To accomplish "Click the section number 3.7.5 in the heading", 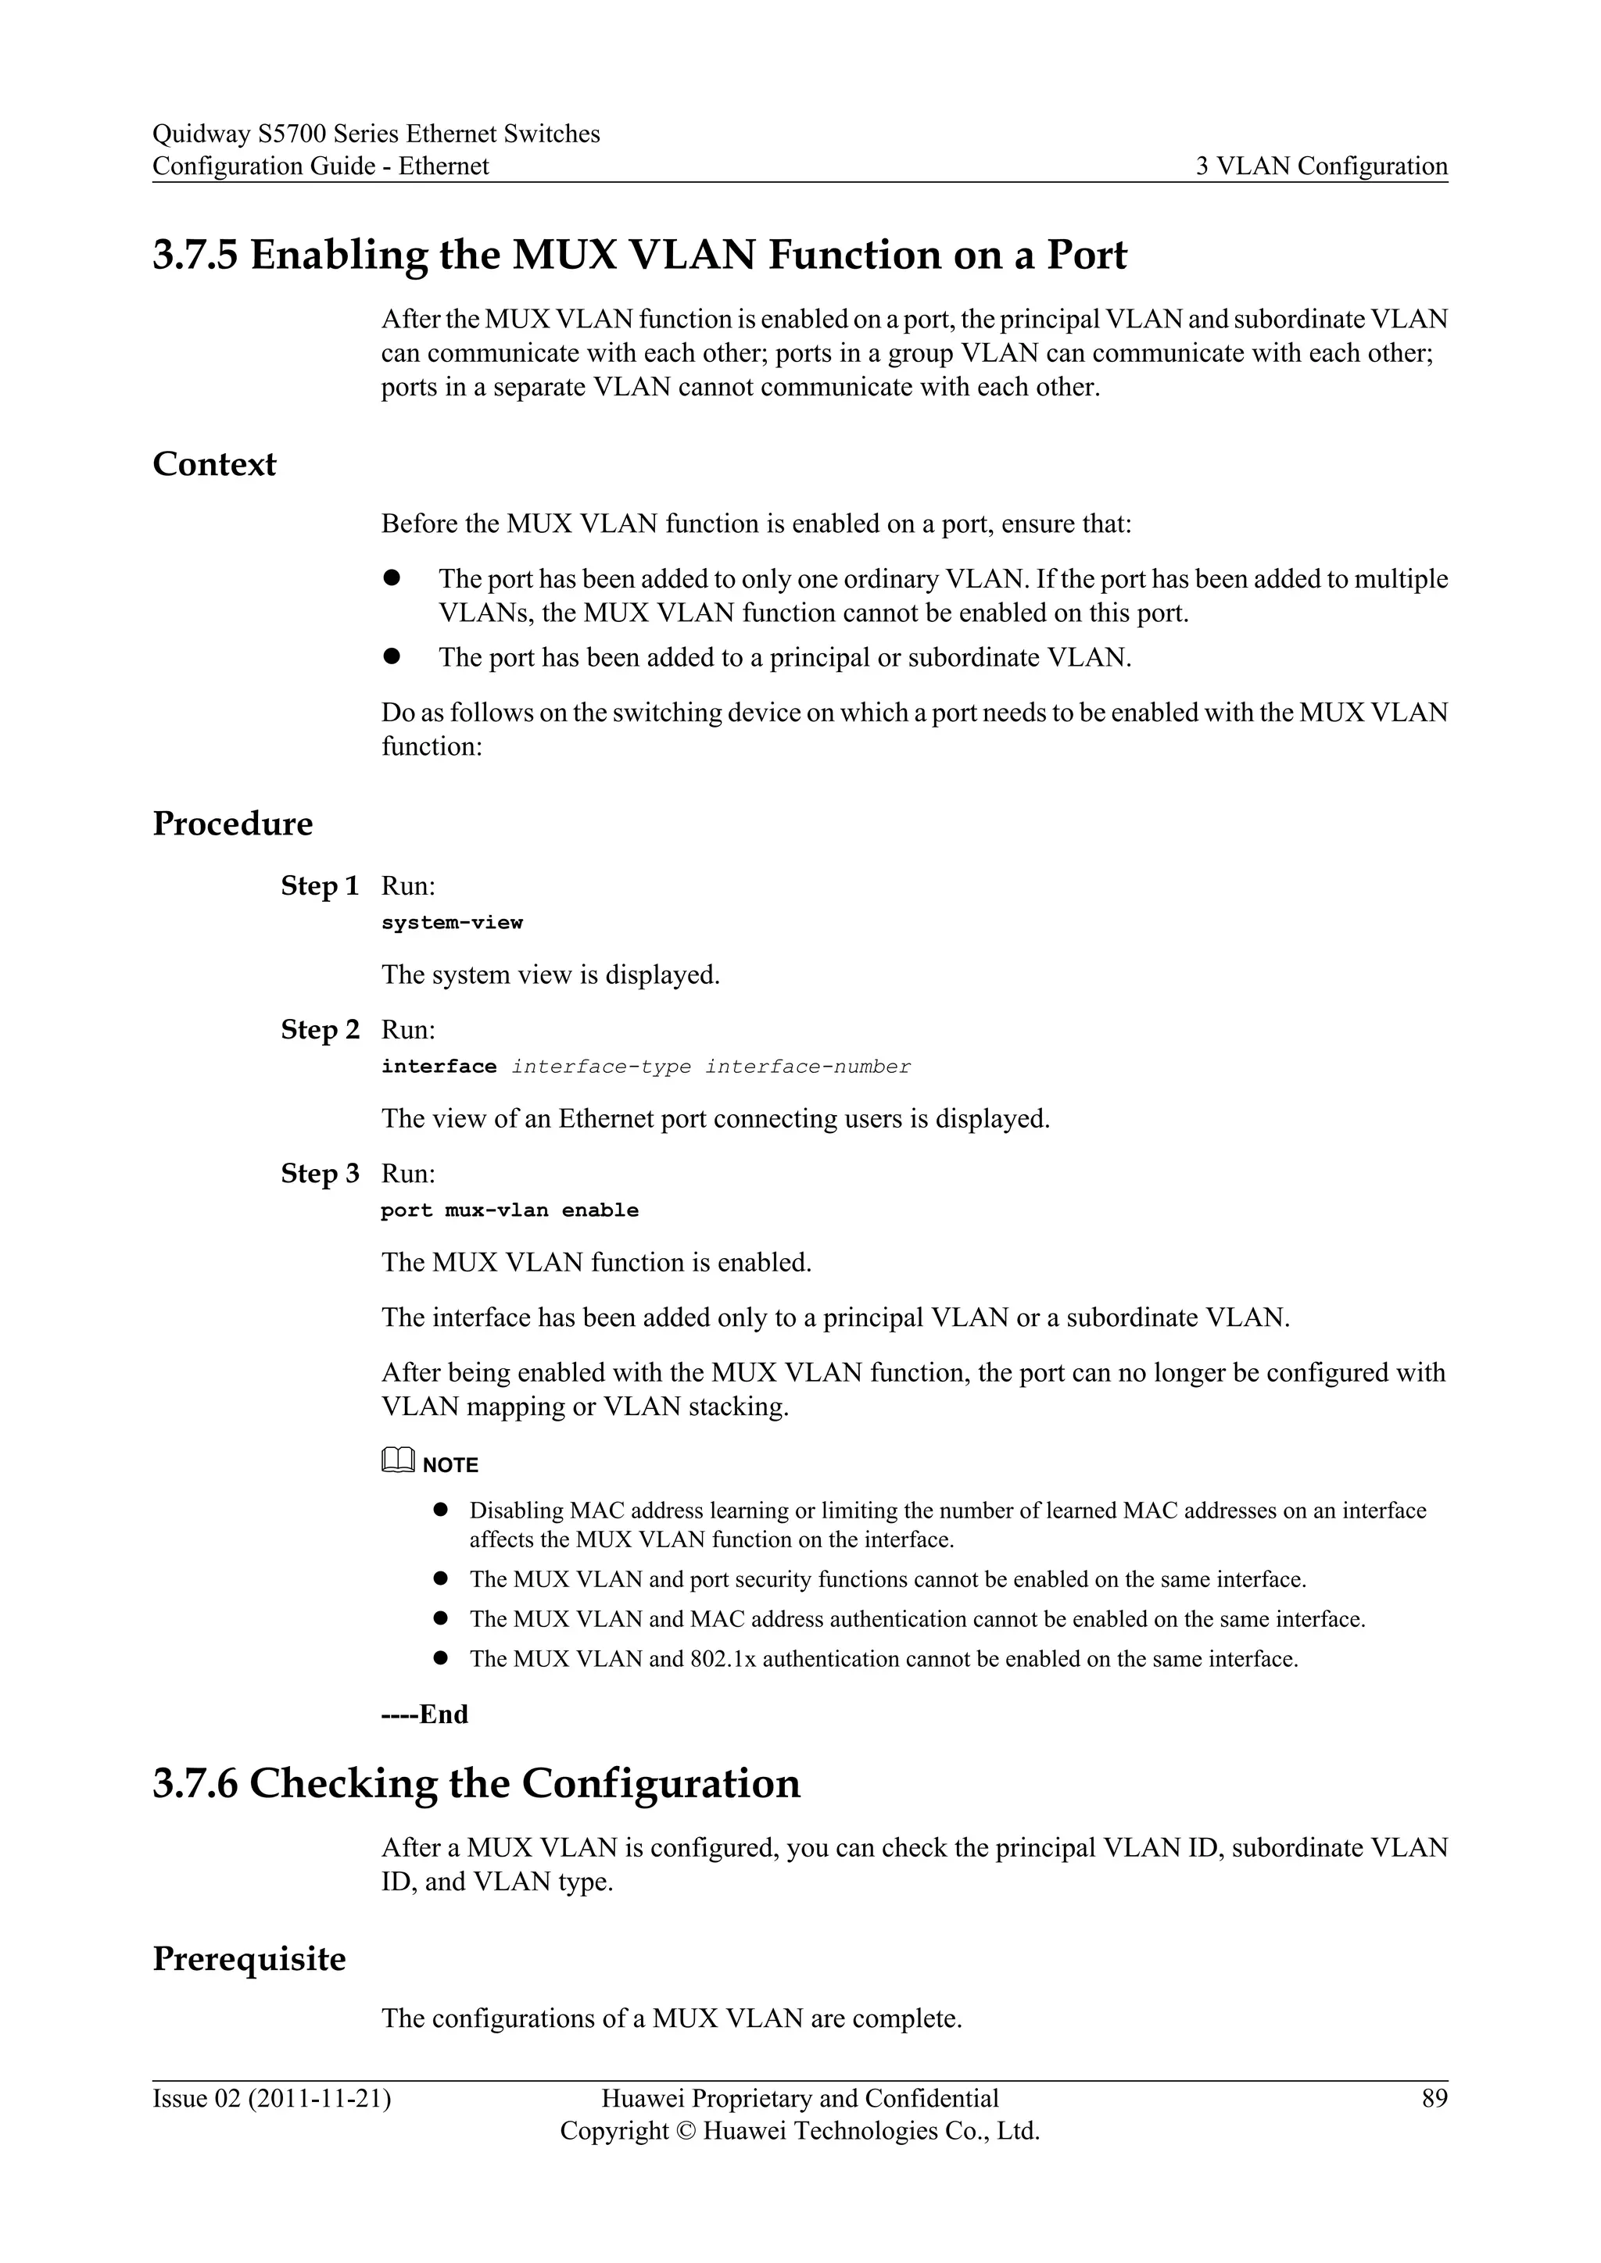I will (x=195, y=256).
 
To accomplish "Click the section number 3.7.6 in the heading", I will (x=195, y=1783).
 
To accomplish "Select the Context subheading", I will (x=214, y=464).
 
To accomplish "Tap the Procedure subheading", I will (x=233, y=823).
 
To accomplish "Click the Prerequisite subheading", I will (x=249, y=1958).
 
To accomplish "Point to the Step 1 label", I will (x=320, y=886).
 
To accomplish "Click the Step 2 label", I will (x=320, y=1030).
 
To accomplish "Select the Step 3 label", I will (x=320, y=1174).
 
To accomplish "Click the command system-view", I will (x=452, y=923).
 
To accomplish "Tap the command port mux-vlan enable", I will (x=510, y=1210).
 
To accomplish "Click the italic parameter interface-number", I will (x=808, y=1067).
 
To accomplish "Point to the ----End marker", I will (x=424, y=1714).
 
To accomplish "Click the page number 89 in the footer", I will (x=1434, y=2098).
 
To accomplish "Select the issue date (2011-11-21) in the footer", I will (x=320, y=2098).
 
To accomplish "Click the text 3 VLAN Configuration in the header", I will (x=1321, y=166).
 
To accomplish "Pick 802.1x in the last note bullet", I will (x=722, y=1659).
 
